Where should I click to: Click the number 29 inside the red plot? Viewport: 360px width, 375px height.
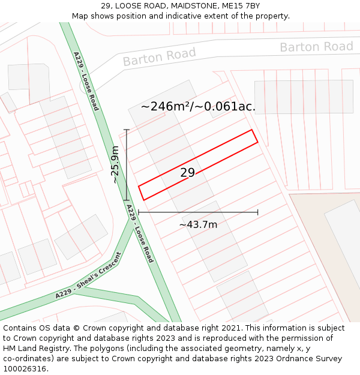click(x=187, y=173)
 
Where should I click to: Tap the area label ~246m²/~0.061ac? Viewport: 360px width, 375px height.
click(x=199, y=107)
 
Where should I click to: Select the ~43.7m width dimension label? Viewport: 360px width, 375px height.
click(x=198, y=224)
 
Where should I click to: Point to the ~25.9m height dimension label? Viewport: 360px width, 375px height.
click(x=115, y=164)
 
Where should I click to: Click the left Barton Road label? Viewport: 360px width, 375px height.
click(x=159, y=57)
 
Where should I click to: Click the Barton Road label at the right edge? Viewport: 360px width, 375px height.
click(x=316, y=47)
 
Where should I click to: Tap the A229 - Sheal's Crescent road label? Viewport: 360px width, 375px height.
click(x=88, y=276)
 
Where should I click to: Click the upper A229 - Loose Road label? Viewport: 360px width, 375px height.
click(x=86, y=81)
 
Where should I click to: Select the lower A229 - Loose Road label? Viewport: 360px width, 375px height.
click(x=140, y=233)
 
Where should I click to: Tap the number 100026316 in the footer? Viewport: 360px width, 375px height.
click(x=25, y=369)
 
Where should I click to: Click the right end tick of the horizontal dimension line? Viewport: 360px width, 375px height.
click(x=258, y=212)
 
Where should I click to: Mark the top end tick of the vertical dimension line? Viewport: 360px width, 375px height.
click(x=126, y=129)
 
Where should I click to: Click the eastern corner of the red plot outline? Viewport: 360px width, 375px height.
click(x=258, y=142)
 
